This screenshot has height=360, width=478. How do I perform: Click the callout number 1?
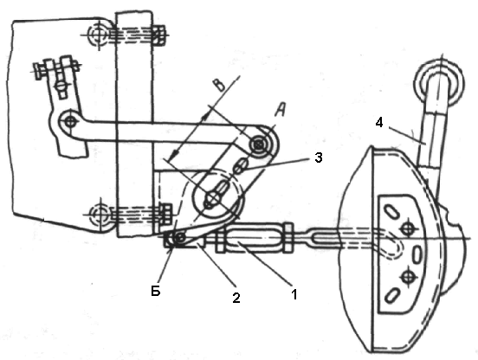pyautogui.click(x=294, y=294)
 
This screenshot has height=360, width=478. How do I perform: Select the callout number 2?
pyautogui.click(x=236, y=298)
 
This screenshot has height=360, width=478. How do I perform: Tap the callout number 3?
pyautogui.click(x=318, y=157)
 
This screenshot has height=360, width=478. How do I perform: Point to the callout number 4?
pyautogui.click(x=379, y=123)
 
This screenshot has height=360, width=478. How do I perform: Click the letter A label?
pyautogui.click(x=281, y=110)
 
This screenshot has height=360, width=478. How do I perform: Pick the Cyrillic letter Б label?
pyautogui.click(x=156, y=292)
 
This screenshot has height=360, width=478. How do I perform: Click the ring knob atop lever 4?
pyautogui.click(x=439, y=81)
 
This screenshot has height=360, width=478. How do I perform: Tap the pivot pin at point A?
pyautogui.click(x=259, y=144)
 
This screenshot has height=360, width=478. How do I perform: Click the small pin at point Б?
pyautogui.click(x=180, y=237)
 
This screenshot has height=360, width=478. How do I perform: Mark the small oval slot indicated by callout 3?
pyautogui.click(x=239, y=166)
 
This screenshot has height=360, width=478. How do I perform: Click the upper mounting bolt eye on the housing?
pyautogui.click(x=97, y=34)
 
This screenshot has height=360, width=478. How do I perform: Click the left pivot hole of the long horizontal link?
pyautogui.click(x=70, y=121)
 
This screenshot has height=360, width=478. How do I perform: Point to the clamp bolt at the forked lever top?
pyautogui.click(x=56, y=67)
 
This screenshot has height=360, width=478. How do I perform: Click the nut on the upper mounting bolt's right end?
pyautogui.click(x=159, y=35)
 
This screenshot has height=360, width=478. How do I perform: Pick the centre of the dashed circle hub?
pyautogui.click(x=214, y=198)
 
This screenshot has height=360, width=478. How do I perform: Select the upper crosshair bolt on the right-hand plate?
pyautogui.click(x=407, y=228)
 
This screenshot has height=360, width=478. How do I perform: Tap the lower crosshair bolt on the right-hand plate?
pyautogui.click(x=408, y=277)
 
